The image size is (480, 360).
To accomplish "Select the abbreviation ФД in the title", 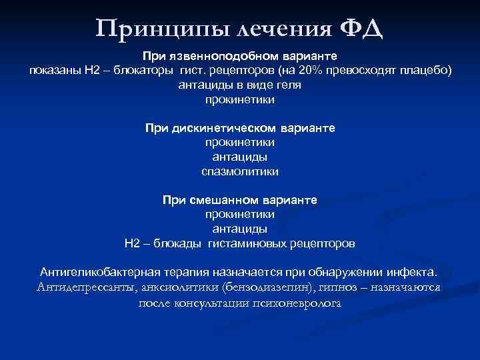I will click(362, 29).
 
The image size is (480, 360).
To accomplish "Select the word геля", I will click(290, 85).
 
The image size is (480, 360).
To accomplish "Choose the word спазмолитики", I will click(240, 171).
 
